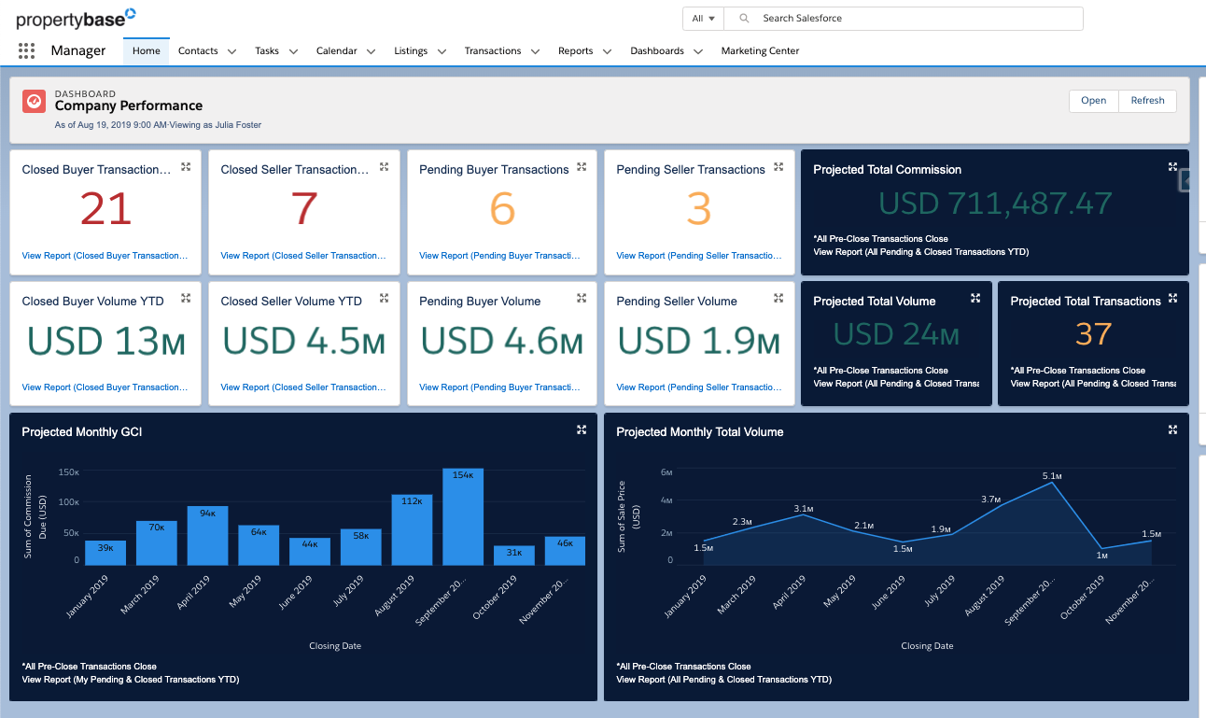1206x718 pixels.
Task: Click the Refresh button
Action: point(1147,101)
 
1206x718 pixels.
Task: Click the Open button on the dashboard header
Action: point(1093,101)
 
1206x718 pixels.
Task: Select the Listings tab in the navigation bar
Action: point(411,51)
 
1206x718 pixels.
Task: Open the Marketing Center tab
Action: point(760,51)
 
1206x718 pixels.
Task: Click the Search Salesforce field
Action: point(905,19)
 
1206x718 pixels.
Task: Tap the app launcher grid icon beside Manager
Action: point(26,51)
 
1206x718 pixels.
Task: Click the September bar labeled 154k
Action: point(463,518)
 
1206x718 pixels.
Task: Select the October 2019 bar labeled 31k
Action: point(514,556)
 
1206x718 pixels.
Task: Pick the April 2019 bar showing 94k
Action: point(207,536)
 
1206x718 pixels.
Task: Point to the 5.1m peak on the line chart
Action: point(1052,482)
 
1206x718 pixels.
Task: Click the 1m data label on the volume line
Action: point(1101,556)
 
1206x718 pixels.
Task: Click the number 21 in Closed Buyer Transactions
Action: point(105,209)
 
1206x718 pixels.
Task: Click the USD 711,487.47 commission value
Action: point(995,204)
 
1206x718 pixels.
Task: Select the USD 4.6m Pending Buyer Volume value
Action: point(501,341)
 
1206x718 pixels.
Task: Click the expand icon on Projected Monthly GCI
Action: point(582,429)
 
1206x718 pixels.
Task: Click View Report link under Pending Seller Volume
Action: point(699,387)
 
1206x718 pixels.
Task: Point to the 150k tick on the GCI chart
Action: point(68,472)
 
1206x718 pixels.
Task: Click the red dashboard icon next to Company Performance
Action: point(35,101)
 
